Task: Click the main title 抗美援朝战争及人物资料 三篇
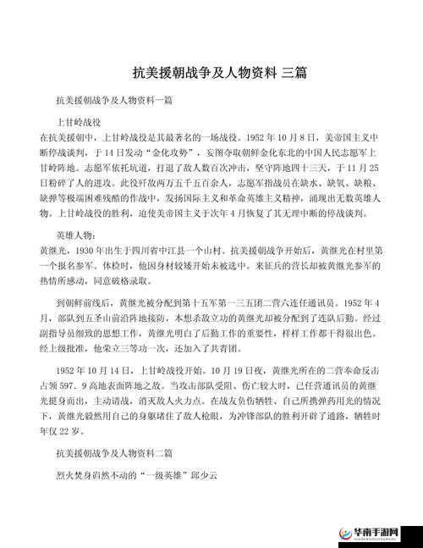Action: (219, 73)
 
